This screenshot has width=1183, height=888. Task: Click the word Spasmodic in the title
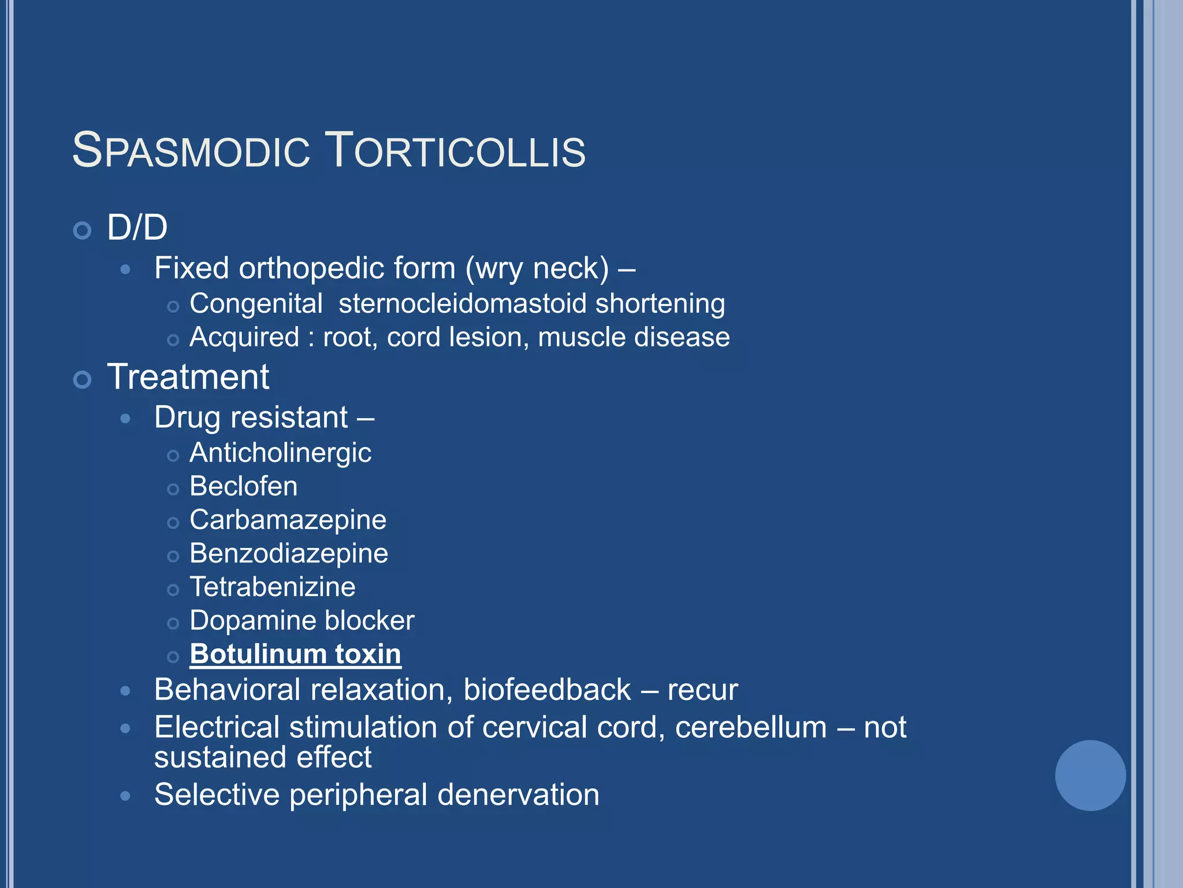(191, 151)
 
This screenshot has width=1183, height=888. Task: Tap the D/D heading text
(137, 227)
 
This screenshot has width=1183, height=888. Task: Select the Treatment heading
(188, 377)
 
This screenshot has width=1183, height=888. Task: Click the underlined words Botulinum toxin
(295, 654)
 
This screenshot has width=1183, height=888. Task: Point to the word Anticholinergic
(280, 453)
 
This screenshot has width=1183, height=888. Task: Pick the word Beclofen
(243, 486)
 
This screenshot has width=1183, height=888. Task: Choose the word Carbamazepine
(288, 520)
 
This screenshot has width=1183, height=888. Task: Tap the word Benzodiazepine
(289, 554)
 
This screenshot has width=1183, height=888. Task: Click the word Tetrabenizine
(273, 587)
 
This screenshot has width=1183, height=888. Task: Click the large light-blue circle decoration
(1090, 775)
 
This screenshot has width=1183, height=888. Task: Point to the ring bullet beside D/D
(83, 231)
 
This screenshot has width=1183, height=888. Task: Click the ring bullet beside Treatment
(83, 380)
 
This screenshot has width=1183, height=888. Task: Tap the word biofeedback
(547, 690)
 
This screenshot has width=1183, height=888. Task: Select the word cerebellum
(751, 727)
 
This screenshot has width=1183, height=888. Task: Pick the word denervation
(518, 795)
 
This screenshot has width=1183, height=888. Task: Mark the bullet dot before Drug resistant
(125, 419)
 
